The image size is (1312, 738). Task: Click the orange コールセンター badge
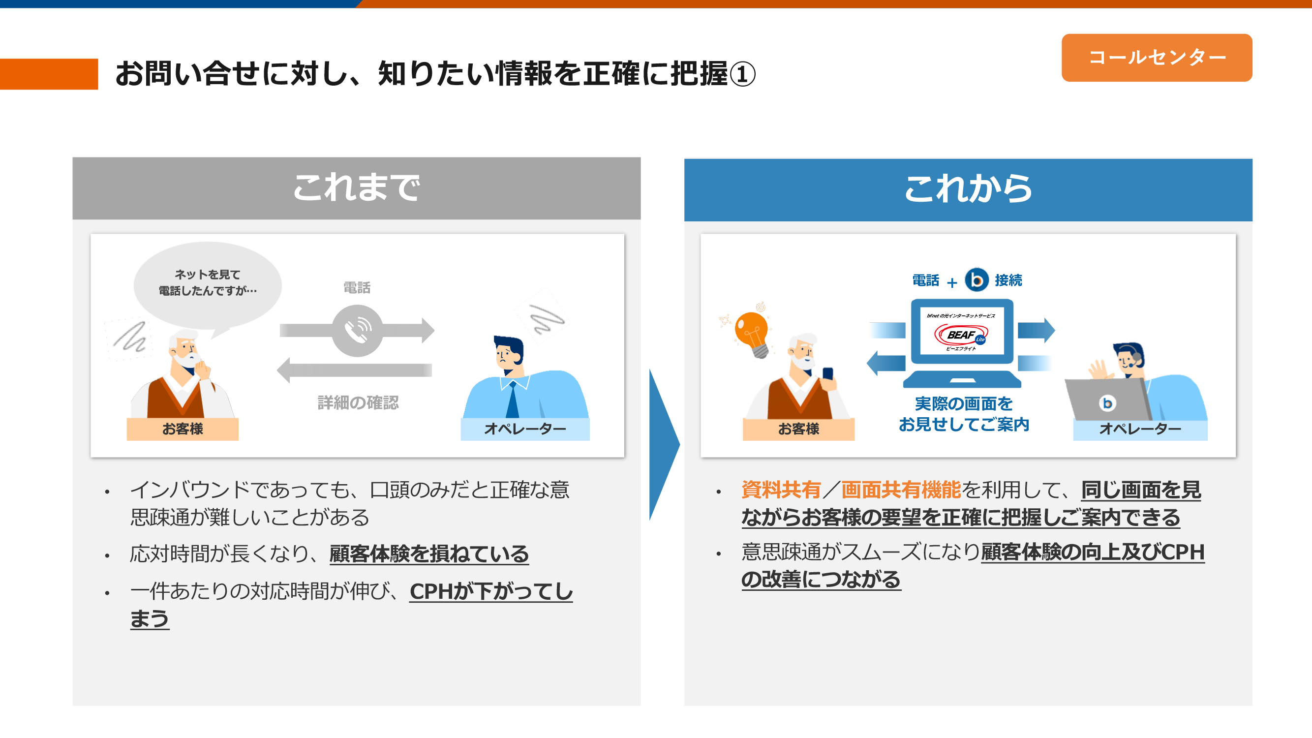pyautogui.click(x=1156, y=58)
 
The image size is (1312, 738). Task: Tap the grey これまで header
pyautogui.click(x=357, y=188)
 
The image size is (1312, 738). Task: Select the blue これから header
pyautogui.click(x=968, y=189)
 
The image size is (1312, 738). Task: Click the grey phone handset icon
pyautogui.click(x=358, y=331)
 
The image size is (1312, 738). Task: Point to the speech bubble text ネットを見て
pyautogui.click(x=207, y=275)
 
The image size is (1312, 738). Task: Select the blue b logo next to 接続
pyautogui.click(x=976, y=279)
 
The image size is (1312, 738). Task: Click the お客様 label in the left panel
pyautogui.click(x=183, y=429)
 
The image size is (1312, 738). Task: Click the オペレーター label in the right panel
pyautogui.click(x=1140, y=429)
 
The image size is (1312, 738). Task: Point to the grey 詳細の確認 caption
pyautogui.click(x=358, y=402)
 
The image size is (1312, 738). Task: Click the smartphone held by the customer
pyautogui.click(x=827, y=374)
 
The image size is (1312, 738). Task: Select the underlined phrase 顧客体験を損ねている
pyautogui.click(x=429, y=553)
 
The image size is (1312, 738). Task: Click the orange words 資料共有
pyautogui.click(x=781, y=490)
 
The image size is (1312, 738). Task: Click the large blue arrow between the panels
pyautogui.click(x=664, y=444)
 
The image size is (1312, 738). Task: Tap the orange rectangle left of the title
pyautogui.click(x=49, y=74)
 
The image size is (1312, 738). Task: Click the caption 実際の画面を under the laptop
pyautogui.click(x=964, y=403)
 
